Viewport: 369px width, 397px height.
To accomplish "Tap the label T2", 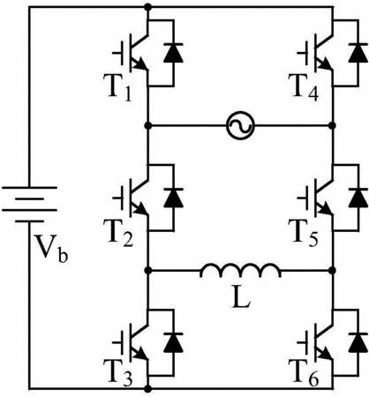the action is (118, 233).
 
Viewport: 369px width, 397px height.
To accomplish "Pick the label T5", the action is (304, 233).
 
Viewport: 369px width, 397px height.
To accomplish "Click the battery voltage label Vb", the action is (51, 249).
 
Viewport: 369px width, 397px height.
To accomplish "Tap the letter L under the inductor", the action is (241, 300).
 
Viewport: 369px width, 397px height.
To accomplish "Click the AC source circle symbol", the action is (240, 125).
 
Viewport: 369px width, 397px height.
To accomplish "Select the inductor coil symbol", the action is (240, 270).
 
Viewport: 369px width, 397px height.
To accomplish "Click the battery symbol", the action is (29, 204).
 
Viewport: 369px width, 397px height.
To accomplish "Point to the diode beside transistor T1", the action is (173, 53).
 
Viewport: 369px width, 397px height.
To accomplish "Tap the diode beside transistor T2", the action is (173, 198).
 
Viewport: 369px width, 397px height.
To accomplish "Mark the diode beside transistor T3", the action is (173, 342).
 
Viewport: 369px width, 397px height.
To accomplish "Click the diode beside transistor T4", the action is (358, 53).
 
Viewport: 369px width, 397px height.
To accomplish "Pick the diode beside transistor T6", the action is (358, 342).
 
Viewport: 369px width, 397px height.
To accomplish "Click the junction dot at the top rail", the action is (148, 7).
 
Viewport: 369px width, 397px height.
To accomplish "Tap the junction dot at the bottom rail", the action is (148, 389).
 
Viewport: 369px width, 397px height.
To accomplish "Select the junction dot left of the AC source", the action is (148, 125).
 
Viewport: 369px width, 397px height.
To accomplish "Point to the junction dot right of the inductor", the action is (333, 270).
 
